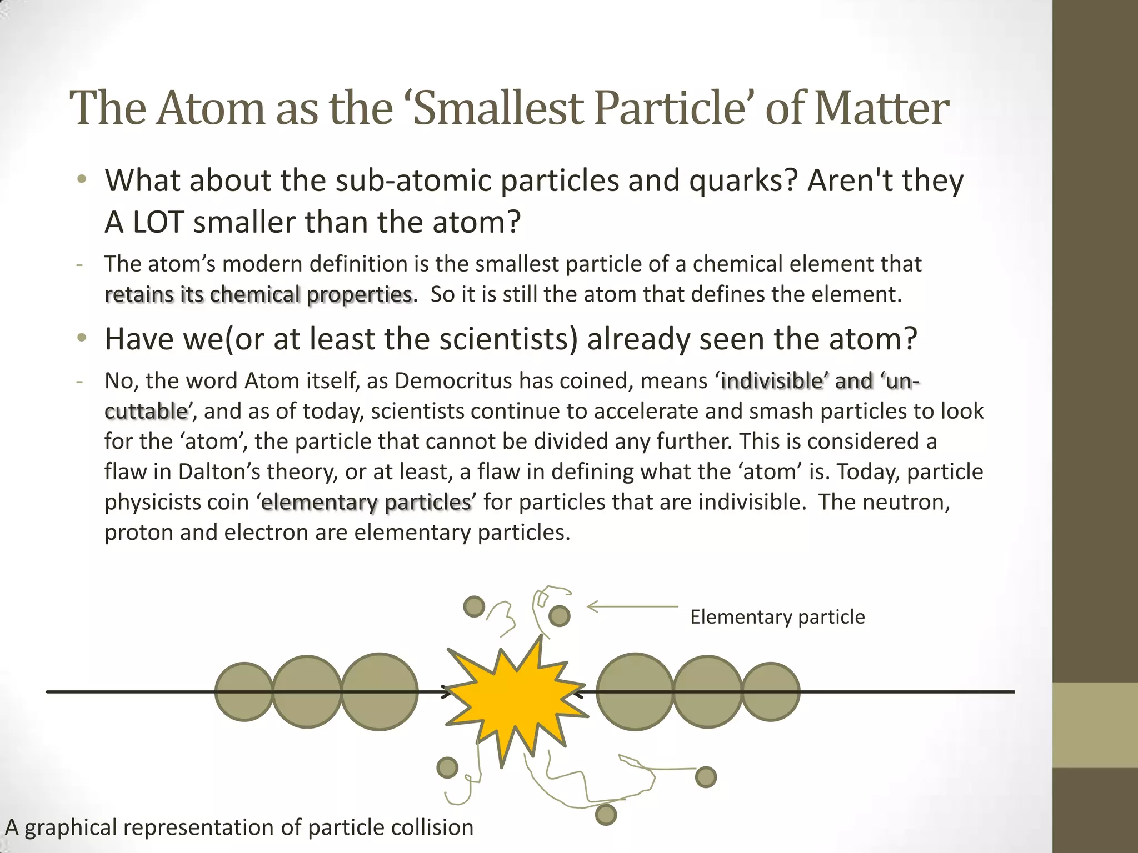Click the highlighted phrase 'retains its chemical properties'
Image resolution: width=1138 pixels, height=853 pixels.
coord(259,294)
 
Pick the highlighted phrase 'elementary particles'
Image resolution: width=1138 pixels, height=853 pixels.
coord(366,502)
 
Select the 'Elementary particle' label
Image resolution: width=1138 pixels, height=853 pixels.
coord(777,617)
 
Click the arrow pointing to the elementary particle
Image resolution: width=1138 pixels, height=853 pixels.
coord(632,606)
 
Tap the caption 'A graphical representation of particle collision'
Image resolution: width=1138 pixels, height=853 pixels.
coord(239,827)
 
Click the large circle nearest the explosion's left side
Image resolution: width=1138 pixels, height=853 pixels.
coord(379,691)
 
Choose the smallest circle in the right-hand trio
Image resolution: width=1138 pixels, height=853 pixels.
coord(771,691)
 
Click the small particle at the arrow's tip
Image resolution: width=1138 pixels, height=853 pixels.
coord(559,616)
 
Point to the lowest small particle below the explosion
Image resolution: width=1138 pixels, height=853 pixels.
coord(606,815)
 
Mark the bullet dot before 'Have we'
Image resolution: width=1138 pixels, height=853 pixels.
coord(82,338)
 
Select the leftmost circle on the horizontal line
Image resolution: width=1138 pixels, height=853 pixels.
coord(244,691)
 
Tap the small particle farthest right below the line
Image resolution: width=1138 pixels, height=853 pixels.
coord(706,777)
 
